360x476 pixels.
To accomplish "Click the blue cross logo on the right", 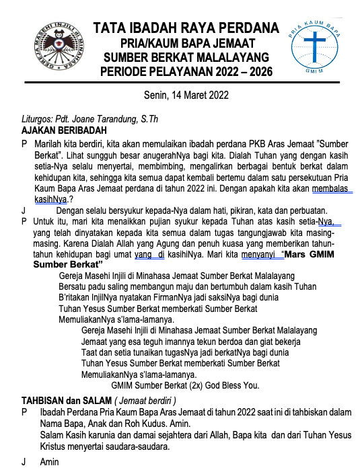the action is (x=316, y=48).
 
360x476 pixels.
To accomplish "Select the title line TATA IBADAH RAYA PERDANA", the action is (x=186, y=28).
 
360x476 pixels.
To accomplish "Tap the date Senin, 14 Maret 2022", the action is (x=186, y=95).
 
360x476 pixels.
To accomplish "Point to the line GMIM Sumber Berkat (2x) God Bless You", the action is (x=185, y=385).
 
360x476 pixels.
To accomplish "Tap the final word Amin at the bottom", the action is (x=49, y=462).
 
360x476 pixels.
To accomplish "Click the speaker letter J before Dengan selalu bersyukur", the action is (x=24, y=210).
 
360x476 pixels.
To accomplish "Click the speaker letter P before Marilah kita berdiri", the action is (x=25, y=144).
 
